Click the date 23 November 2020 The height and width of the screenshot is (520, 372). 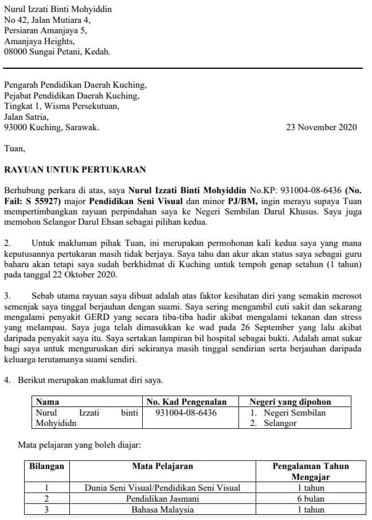321,127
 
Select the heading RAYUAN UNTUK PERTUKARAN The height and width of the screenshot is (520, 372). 75,169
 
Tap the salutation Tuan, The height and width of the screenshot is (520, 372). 15,148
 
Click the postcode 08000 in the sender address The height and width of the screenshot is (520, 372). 16,51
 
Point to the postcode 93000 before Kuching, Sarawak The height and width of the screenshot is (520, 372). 16,127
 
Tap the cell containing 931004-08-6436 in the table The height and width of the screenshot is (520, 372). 186,413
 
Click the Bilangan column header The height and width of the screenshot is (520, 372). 47,466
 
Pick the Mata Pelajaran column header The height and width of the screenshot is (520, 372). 162,466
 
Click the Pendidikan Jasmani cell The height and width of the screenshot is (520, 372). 162,499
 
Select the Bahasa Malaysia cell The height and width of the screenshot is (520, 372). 162,510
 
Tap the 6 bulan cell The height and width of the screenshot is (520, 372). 311,499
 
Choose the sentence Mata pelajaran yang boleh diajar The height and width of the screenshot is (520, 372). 79,444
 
